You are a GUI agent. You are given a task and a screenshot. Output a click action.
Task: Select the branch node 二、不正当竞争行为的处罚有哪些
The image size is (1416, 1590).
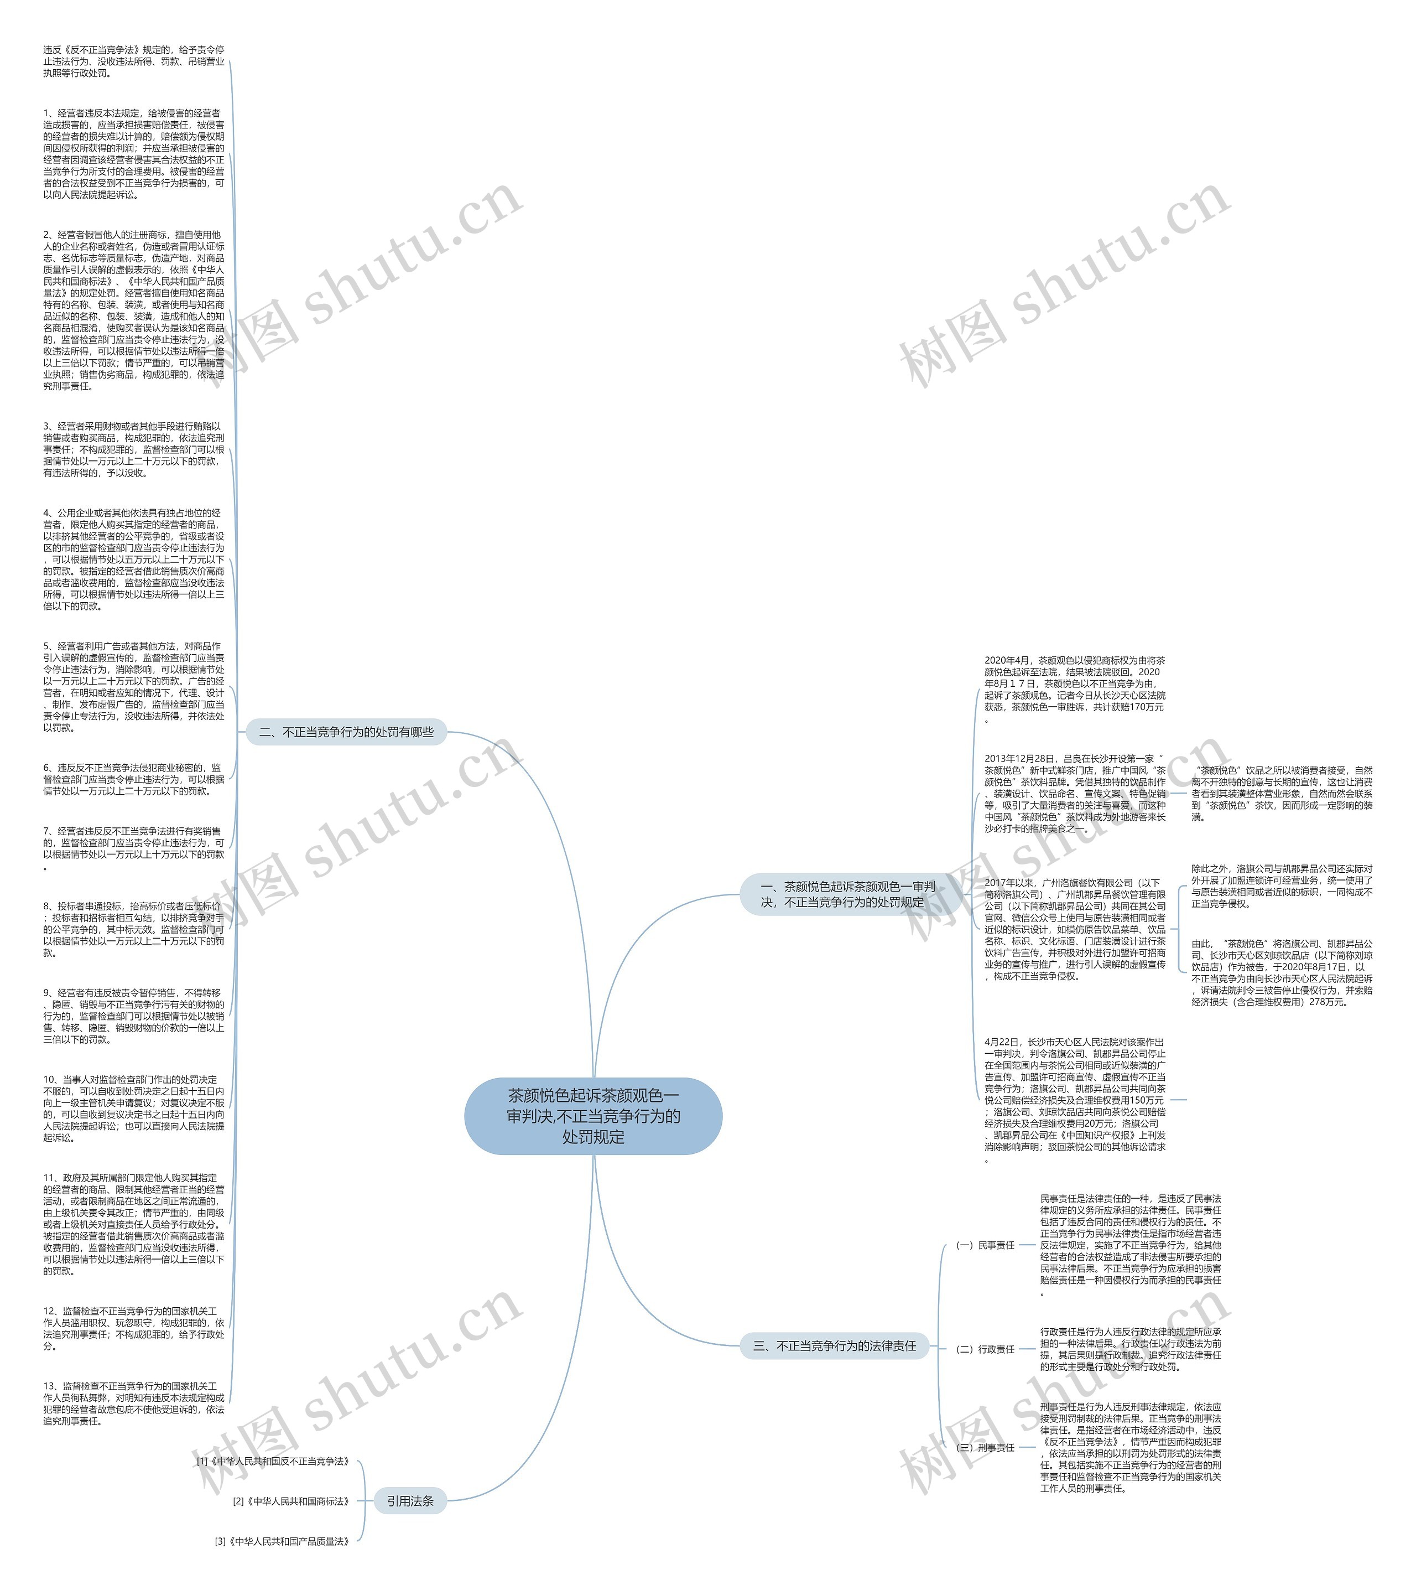346,732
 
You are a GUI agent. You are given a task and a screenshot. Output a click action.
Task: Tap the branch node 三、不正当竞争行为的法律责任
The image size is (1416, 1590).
834,1345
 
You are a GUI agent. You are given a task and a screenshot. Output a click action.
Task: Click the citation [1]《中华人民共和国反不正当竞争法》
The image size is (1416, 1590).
273,1461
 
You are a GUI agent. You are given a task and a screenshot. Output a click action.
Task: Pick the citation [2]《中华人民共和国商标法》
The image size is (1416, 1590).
291,1500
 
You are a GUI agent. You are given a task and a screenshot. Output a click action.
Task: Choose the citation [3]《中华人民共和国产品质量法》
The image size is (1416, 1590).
282,1541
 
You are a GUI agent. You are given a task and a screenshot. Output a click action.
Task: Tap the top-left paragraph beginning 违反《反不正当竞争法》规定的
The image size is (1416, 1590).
133,61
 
